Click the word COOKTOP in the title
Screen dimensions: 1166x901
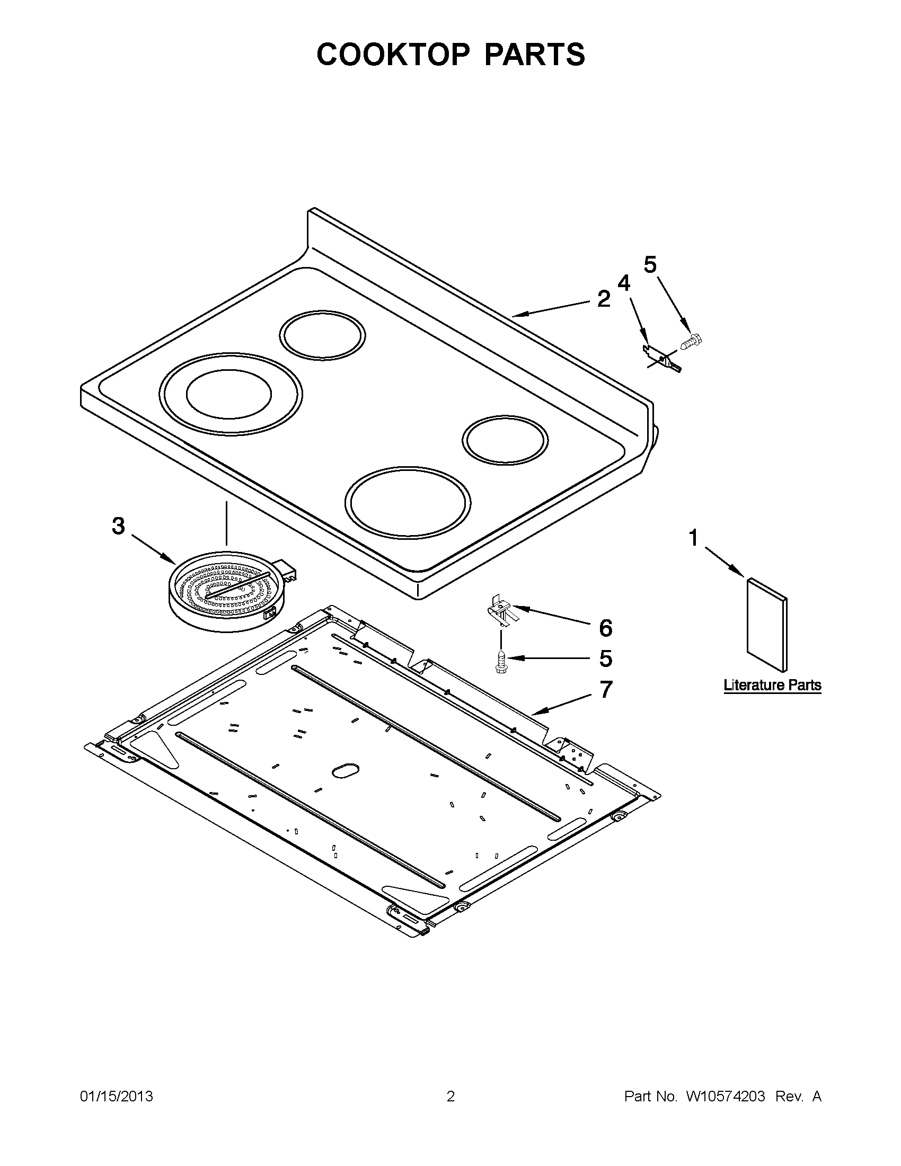(393, 55)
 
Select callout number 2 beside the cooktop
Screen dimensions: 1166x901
(603, 299)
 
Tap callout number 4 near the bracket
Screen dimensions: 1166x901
(623, 283)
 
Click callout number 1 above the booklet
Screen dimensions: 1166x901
(693, 538)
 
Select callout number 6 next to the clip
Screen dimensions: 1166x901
(605, 628)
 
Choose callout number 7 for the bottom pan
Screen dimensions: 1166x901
(605, 690)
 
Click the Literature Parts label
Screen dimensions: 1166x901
(772, 685)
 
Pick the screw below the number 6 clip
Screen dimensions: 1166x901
(500, 661)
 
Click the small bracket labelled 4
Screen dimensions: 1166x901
(661, 358)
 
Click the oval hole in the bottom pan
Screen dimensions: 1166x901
(345, 769)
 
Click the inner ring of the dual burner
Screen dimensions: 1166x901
(228, 394)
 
